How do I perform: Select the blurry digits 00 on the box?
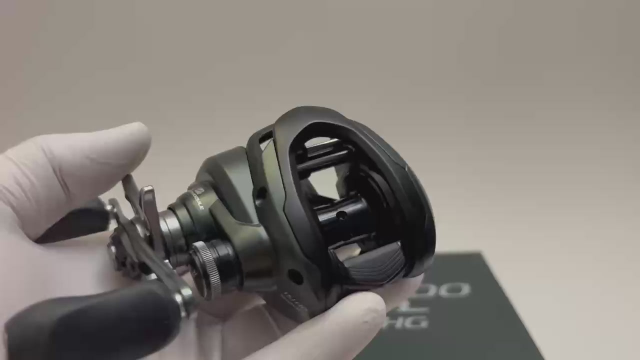pyautogui.click(x=452, y=289)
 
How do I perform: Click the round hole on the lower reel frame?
pyautogui.click(x=295, y=276)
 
